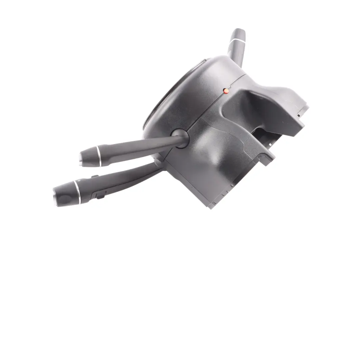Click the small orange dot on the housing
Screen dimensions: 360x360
tap(226, 90)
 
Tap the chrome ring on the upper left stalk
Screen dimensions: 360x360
tap(98, 155)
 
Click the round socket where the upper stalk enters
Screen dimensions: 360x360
tap(179, 138)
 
